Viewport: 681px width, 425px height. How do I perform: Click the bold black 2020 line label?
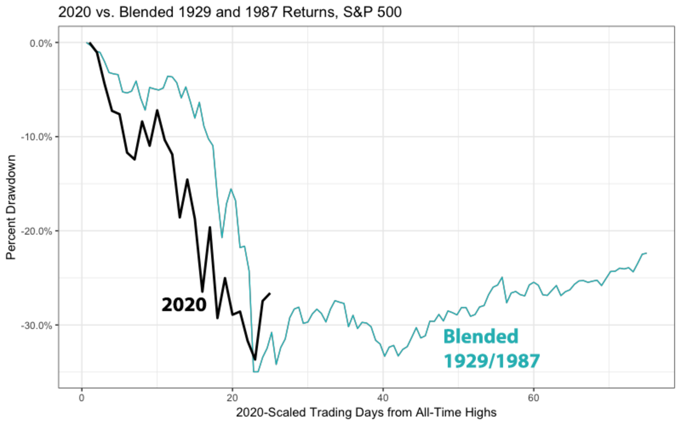click(x=184, y=305)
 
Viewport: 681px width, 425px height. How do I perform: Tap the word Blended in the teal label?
click(x=481, y=337)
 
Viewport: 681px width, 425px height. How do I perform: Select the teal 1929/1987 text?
click(x=490, y=360)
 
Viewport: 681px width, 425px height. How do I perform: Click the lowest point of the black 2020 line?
click(x=255, y=359)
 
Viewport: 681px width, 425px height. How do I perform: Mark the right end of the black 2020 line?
click(x=270, y=294)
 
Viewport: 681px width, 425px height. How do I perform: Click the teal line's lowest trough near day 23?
click(x=255, y=372)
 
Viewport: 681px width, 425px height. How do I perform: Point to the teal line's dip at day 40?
click(x=384, y=356)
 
